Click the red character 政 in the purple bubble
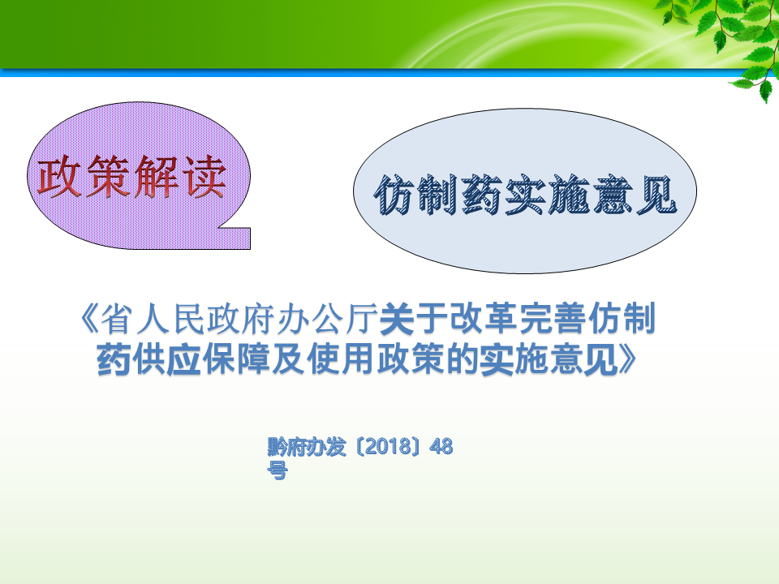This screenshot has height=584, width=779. pyautogui.click(x=59, y=176)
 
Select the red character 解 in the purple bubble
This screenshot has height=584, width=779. pyautogui.click(x=157, y=176)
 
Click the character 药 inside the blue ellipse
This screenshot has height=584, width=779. pyautogui.click(x=482, y=195)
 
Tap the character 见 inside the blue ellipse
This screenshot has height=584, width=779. pyautogui.click(x=656, y=195)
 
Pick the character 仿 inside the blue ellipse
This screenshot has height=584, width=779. pyautogui.click(x=395, y=195)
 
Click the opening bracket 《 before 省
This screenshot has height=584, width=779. pyautogui.click(x=89, y=319)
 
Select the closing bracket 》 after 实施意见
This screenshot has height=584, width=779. pyautogui.click(x=627, y=359)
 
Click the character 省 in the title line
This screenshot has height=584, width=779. pyautogui.click(x=118, y=319)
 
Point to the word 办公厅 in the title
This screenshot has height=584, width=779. pyautogui.click(x=326, y=319)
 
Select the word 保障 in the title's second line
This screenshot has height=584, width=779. pyautogui.click(x=236, y=359)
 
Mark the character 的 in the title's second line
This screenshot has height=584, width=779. pyautogui.click(x=463, y=359)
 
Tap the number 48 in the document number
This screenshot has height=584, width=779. pyautogui.click(x=441, y=447)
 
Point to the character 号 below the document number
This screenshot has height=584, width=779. pyautogui.click(x=278, y=470)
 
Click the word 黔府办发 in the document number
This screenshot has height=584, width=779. pyautogui.click(x=307, y=447)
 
